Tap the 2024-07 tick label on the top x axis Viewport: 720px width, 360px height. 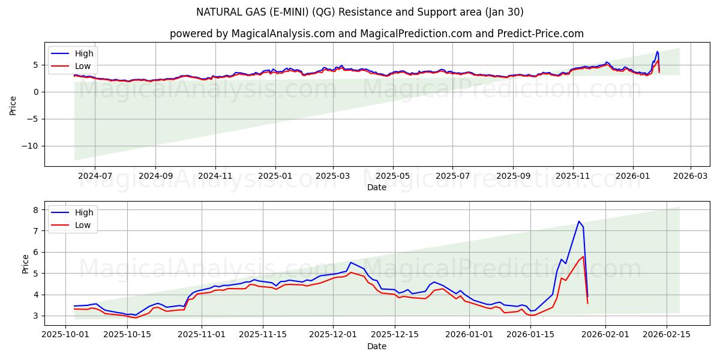point(95,176)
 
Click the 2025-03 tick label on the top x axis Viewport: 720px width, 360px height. point(332,176)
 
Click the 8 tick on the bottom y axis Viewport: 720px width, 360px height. point(36,209)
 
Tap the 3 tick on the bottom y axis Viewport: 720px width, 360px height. point(36,316)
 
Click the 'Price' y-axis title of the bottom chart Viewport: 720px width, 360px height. point(25,263)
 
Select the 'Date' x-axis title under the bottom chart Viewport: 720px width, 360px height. point(377,346)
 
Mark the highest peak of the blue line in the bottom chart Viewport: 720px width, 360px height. point(579,221)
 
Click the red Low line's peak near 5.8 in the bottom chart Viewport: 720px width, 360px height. point(583,256)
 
